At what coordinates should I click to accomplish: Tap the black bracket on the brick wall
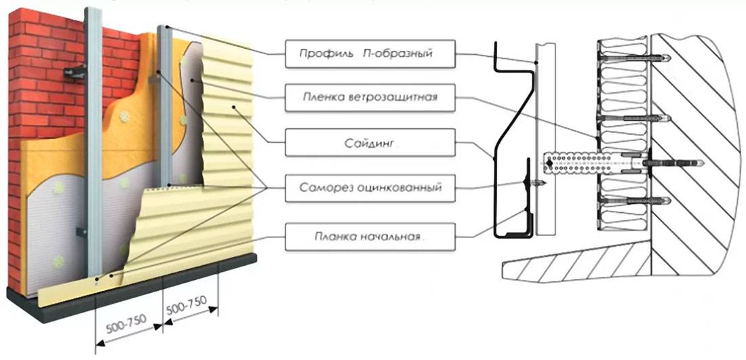coord(75,70)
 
